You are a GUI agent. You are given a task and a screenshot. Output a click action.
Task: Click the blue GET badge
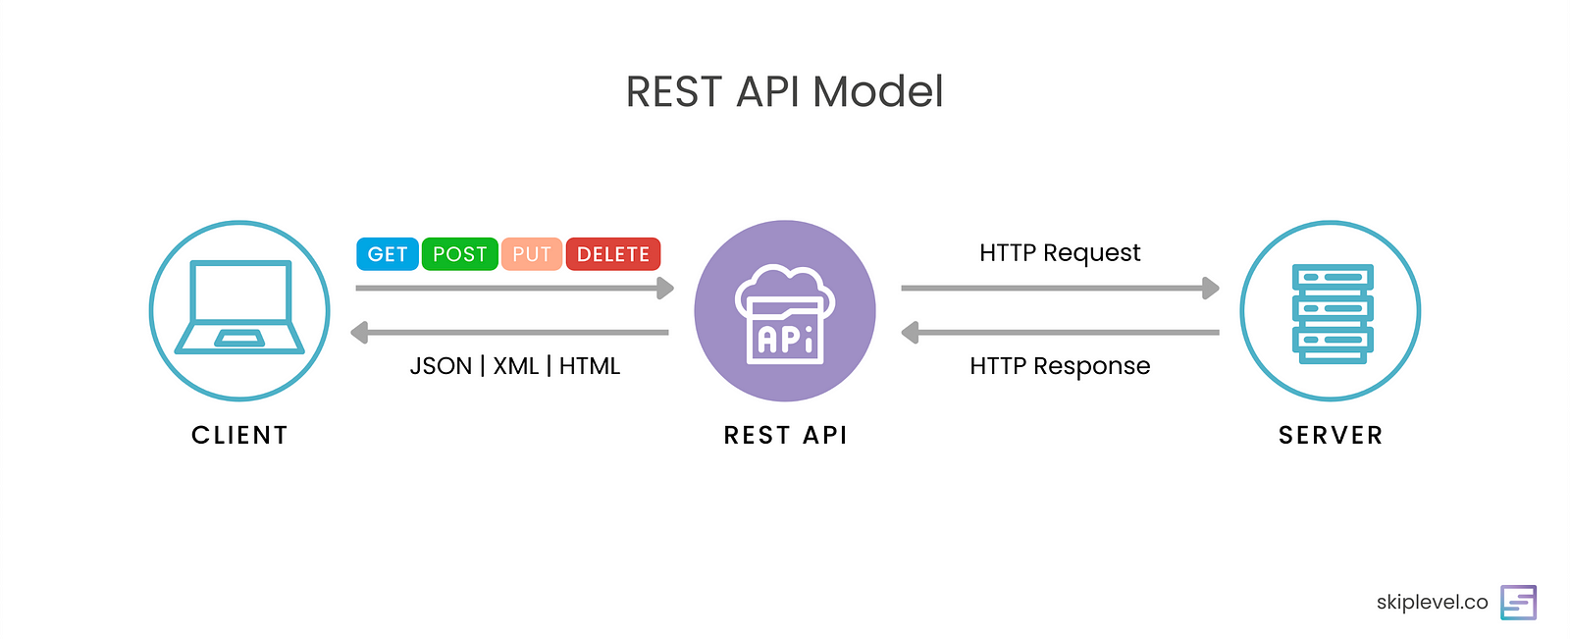[387, 254]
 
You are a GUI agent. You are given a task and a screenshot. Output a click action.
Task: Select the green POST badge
[459, 254]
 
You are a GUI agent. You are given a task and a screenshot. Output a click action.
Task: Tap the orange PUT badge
[532, 254]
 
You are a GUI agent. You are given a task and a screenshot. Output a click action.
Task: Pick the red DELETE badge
[613, 254]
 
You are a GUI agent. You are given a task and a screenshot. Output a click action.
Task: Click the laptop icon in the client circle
[239, 306]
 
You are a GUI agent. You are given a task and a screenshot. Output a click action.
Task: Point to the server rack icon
[1332, 312]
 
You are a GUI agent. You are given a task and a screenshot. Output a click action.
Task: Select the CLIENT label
[239, 435]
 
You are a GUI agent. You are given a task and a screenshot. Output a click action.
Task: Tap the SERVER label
[1331, 435]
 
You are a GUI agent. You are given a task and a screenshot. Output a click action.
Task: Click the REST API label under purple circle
[785, 435]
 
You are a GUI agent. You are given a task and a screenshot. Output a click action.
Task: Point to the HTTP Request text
[1060, 253]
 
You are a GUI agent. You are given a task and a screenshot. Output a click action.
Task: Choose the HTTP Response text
[1060, 366]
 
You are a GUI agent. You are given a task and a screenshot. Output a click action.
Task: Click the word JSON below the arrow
[441, 366]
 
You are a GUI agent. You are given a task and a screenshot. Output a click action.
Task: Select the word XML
[516, 366]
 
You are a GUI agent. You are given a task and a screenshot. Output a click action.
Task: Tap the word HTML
[590, 366]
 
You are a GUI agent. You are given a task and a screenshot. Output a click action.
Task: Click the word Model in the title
[878, 92]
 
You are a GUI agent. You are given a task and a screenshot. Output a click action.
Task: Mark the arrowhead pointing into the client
[360, 333]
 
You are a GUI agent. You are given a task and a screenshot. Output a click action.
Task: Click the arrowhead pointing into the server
[1211, 289]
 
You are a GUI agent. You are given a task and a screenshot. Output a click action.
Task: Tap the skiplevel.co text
[1432, 602]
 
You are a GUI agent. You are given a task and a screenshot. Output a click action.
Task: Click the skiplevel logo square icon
[1518, 602]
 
